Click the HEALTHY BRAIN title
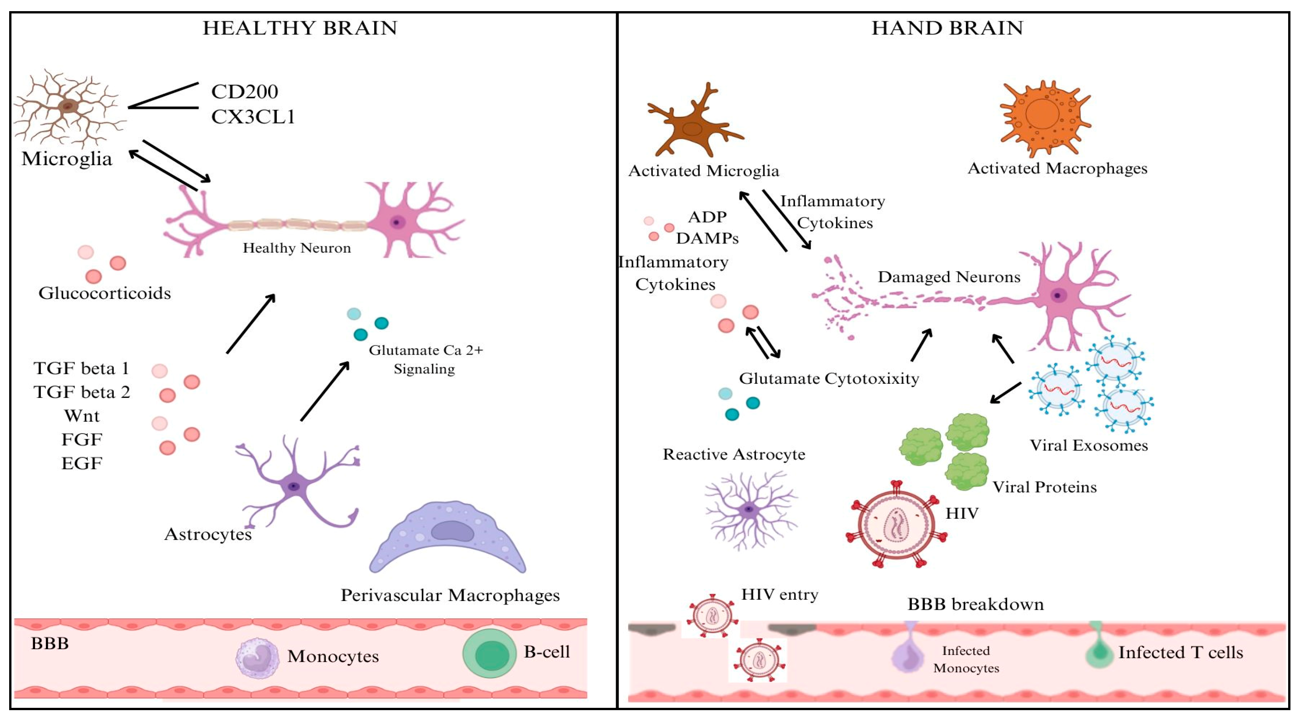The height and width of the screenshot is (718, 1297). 300,28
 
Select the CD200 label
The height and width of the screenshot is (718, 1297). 244,92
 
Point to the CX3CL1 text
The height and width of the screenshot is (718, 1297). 253,117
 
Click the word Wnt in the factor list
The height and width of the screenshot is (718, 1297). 82,416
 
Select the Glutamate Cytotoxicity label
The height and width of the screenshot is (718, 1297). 829,378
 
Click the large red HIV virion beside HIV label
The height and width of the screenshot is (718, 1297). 897,524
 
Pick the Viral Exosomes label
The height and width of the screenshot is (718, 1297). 1088,445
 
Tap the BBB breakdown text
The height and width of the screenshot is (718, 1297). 975,604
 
